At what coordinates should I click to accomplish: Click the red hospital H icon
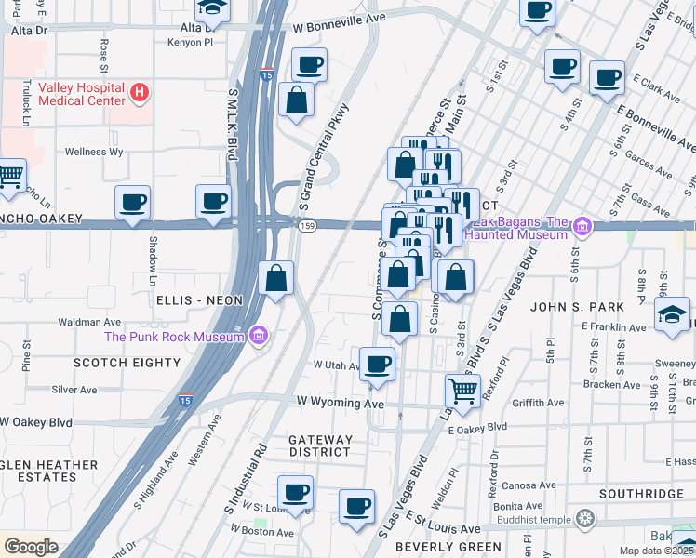[139, 92]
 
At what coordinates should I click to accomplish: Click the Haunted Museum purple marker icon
[582, 226]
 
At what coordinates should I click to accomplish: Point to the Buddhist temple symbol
[584, 518]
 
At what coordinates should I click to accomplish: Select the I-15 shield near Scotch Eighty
[185, 401]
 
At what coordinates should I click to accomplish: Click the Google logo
[31, 547]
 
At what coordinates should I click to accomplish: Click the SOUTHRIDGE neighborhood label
[641, 494]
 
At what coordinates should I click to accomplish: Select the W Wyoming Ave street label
[340, 404]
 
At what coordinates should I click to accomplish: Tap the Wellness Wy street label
[93, 152]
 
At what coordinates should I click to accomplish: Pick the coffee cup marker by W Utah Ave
[377, 364]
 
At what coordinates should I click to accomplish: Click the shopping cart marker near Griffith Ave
[462, 390]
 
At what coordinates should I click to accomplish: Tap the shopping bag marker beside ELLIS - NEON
[276, 278]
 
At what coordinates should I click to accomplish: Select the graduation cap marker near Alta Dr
[214, 9]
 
